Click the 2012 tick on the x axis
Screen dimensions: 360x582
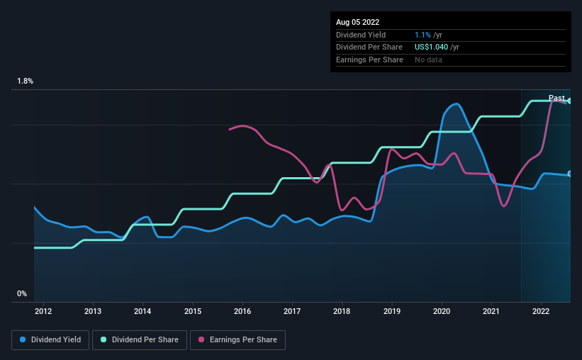tap(43, 310)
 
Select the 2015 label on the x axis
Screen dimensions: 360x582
tap(193, 310)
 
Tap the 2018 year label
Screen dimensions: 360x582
tap(342, 310)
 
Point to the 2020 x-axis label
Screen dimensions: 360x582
tap(441, 310)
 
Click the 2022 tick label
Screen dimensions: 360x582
tap(541, 310)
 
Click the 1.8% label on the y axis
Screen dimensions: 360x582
tap(25, 81)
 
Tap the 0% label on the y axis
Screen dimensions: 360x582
tap(22, 293)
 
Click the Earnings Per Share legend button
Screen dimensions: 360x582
tap(237, 340)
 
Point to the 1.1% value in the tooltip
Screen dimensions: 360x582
tap(422, 35)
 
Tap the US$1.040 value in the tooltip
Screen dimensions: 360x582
tap(437, 47)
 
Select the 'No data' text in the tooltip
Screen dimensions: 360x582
tap(430, 60)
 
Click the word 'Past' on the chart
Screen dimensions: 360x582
tap(556, 98)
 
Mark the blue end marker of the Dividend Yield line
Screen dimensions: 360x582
tap(570, 174)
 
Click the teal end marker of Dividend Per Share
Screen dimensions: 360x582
tap(570, 101)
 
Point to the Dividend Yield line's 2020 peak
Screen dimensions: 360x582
tap(456, 104)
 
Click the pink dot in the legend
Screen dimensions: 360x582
tap(201, 340)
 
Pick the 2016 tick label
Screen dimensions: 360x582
tap(242, 310)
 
